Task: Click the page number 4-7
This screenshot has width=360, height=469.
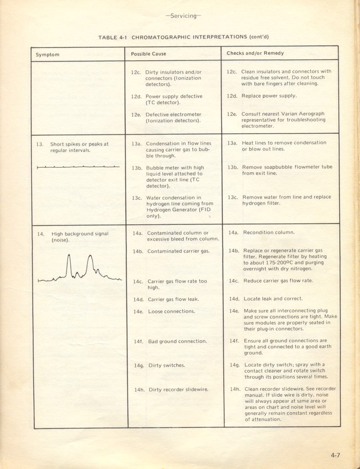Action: coord(336,454)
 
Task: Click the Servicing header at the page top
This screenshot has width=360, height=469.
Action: coord(183,15)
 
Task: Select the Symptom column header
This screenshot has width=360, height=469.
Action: coord(48,55)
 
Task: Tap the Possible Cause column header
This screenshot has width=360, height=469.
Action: coord(149,54)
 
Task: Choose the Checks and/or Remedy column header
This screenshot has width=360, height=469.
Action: coord(255,53)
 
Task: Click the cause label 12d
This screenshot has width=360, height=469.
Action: coord(137,97)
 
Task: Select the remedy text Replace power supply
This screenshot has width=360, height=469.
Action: coord(269,96)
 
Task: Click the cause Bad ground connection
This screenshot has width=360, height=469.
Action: coord(177,341)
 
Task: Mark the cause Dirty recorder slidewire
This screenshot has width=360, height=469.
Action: coord(178,390)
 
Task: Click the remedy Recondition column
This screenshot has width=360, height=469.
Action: coord(269,232)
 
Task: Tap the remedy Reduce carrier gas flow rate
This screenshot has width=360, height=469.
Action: coord(278,281)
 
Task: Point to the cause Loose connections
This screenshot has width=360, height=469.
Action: coord(171,311)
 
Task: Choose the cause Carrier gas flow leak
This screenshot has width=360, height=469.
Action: coord(173,299)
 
